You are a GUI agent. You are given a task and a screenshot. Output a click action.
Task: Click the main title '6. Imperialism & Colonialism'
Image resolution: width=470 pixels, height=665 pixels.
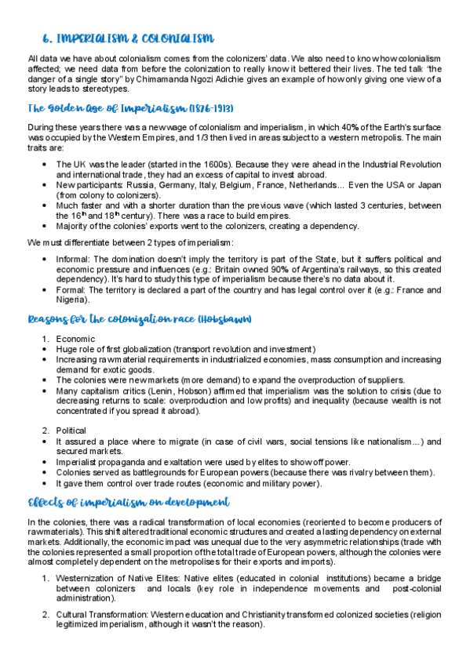click(128, 38)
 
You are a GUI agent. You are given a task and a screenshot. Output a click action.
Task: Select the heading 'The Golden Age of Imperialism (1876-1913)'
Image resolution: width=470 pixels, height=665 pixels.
click(129, 107)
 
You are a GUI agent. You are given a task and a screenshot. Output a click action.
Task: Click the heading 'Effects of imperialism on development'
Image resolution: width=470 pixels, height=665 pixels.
click(129, 502)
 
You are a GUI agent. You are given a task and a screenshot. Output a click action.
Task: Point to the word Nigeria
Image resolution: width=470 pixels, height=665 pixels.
click(72, 300)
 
